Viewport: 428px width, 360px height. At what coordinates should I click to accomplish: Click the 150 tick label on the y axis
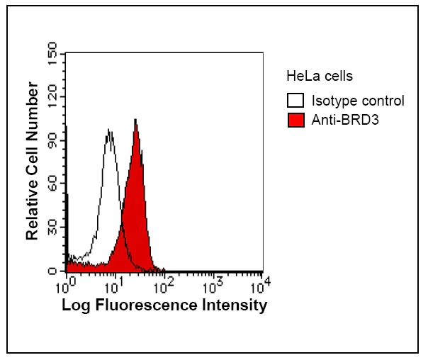pyautogui.click(x=52, y=52)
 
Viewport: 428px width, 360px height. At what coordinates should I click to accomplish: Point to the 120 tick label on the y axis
pyautogui.click(x=52, y=96)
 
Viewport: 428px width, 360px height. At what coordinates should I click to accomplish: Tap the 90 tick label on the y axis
pyautogui.click(x=52, y=140)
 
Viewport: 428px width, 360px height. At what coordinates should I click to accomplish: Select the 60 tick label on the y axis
pyautogui.click(x=52, y=184)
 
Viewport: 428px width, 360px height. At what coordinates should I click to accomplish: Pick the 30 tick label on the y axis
pyautogui.click(x=52, y=227)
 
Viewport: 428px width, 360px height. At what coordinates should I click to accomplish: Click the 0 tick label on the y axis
pyautogui.click(x=52, y=271)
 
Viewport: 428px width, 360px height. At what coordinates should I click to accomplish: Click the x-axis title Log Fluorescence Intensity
pyautogui.click(x=164, y=305)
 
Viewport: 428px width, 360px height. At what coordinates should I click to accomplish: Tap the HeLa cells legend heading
pyautogui.click(x=319, y=76)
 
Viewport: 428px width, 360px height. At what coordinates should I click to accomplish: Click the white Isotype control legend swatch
pyautogui.click(x=295, y=101)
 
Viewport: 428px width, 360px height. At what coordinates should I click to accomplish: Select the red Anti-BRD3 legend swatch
pyautogui.click(x=295, y=120)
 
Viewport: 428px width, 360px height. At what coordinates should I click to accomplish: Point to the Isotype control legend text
pyautogui.click(x=358, y=101)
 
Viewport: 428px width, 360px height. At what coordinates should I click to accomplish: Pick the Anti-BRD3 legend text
pyautogui.click(x=345, y=120)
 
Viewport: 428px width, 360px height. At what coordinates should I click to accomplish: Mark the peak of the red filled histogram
pyautogui.click(x=135, y=120)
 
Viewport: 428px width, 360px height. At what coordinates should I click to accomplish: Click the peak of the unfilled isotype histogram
pyautogui.click(x=109, y=130)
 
